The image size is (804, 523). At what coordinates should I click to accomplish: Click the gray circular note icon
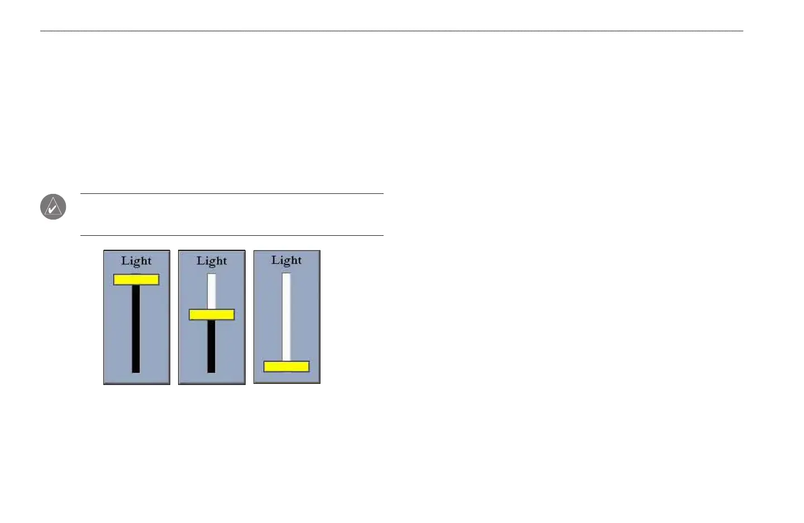[53, 207]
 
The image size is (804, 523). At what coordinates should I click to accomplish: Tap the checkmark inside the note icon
[52, 210]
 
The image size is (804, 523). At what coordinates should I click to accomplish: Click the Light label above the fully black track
[136, 261]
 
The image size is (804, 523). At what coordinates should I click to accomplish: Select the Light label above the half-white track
[212, 261]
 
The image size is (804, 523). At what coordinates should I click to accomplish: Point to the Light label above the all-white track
[286, 260]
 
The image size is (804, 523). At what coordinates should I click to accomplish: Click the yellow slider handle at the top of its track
[136, 279]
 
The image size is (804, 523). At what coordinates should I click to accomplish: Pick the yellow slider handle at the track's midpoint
[212, 315]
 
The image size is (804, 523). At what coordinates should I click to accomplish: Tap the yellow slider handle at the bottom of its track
[286, 367]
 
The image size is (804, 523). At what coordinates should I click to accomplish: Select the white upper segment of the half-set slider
[212, 291]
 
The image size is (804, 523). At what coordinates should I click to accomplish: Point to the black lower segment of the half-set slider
[211, 346]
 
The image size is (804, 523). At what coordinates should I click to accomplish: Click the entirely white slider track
[286, 316]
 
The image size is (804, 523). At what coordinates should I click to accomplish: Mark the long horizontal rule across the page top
[391, 31]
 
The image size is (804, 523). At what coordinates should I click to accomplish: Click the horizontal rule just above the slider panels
[232, 235]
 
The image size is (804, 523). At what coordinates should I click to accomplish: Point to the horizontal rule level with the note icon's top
[232, 194]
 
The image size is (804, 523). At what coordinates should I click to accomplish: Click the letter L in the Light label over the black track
[126, 260]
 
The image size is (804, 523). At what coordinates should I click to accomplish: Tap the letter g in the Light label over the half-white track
[212, 263]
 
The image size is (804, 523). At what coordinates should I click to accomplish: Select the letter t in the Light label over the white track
[299, 260]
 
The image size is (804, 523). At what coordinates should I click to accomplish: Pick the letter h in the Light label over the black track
[142, 260]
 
